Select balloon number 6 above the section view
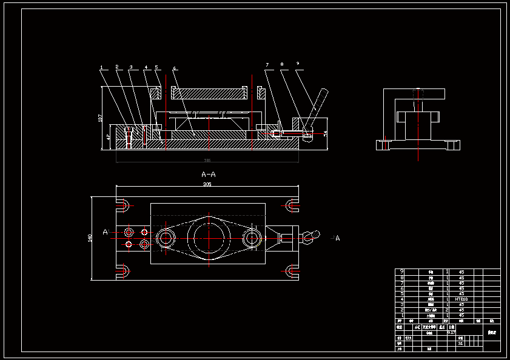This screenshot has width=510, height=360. click(173, 68)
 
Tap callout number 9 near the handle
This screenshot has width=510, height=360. click(298, 63)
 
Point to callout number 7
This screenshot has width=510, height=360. click(266, 64)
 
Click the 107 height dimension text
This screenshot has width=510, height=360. click(100, 118)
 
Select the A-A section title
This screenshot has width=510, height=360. click(208, 175)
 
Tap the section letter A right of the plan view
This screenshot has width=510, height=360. click(338, 238)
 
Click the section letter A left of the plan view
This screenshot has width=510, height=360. click(105, 232)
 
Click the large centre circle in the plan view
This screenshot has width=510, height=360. click(208, 237)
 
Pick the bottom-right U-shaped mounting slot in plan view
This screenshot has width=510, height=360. click(292, 270)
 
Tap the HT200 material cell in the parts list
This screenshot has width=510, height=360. click(461, 299)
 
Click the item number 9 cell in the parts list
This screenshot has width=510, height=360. click(401, 272)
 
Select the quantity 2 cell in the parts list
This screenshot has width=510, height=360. click(448, 310)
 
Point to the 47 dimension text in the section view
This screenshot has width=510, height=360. click(109, 138)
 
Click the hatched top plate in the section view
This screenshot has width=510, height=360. click(209, 94)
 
